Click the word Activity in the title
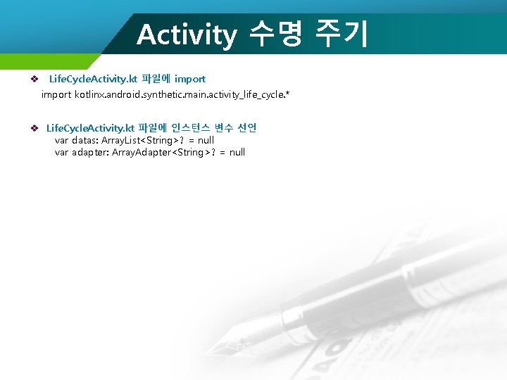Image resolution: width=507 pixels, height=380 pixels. [187, 34]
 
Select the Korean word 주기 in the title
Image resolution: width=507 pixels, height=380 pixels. [342, 34]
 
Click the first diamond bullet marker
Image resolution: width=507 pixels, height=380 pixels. [33, 79]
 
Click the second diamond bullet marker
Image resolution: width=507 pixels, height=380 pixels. [33, 128]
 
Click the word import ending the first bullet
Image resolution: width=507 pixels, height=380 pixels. [189, 79]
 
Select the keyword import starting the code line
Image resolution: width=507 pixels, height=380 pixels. [56, 94]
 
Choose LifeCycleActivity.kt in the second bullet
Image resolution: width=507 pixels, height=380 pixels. [90, 128]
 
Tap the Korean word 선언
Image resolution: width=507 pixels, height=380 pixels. [248, 128]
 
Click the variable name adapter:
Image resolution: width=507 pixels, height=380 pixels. [91, 152]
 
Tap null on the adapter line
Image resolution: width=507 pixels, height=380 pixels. [237, 152]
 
